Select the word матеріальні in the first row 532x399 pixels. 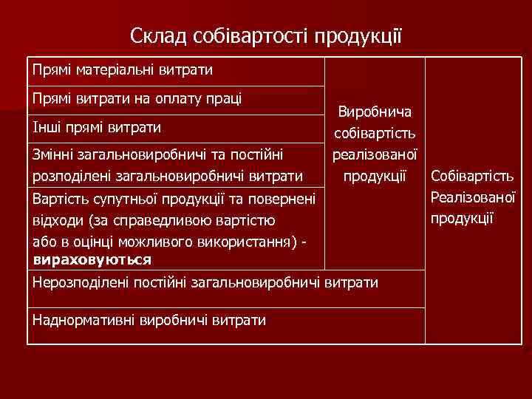click(112, 70)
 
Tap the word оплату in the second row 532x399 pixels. click(171, 98)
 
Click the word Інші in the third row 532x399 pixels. click(47, 127)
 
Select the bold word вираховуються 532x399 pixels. click(92, 259)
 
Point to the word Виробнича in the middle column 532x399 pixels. click(375, 112)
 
